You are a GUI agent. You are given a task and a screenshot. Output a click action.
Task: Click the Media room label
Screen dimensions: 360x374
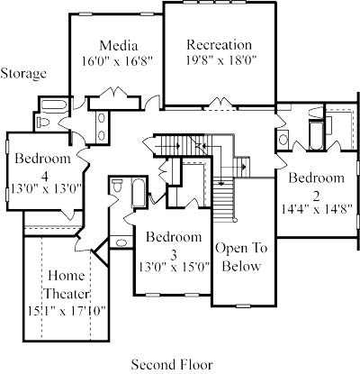pyautogui.click(x=119, y=46)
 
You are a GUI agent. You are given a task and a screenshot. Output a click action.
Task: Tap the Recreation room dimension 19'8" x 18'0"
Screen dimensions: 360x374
pyautogui.click(x=221, y=61)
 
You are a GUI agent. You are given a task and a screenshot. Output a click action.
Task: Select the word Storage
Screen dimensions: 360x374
pyautogui.click(x=23, y=74)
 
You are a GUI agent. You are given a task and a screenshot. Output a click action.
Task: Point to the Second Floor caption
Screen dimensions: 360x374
pyautogui.click(x=172, y=365)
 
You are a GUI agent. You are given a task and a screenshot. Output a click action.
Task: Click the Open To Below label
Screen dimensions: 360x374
pyautogui.click(x=241, y=258)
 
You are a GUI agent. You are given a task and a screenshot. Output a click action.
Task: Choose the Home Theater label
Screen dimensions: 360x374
pyautogui.click(x=67, y=285)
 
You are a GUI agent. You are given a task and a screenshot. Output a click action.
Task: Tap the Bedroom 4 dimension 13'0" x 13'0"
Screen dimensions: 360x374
pyautogui.click(x=47, y=190)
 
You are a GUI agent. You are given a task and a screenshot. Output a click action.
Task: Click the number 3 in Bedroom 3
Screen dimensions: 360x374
pyautogui.click(x=174, y=256)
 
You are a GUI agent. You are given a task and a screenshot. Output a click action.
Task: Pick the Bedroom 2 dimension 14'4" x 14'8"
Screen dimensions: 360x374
pyautogui.click(x=316, y=209)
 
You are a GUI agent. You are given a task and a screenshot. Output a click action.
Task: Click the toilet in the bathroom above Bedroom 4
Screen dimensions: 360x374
pyautogui.click(x=43, y=123)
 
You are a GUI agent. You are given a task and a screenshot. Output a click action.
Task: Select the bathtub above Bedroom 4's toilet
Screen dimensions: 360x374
pyautogui.click(x=54, y=105)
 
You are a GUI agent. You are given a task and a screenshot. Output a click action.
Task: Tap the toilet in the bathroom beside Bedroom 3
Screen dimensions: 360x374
pyautogui.click(x=117, y=185)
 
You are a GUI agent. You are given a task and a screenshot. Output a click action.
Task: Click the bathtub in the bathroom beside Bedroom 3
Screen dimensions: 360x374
pyautogui.click(x=139, y=193)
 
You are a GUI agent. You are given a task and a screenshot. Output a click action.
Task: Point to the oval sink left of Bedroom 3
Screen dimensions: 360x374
pyautogui.click(x=121, y=242)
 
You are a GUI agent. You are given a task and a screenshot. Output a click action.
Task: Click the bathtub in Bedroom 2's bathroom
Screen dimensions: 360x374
pyautogui.click(x=316, y=135)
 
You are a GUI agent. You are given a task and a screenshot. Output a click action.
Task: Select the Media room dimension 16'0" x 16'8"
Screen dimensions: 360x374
pyautogui.click(x=118, y=61)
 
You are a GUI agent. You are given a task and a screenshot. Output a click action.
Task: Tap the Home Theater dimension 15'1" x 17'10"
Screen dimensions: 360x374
pyautogui.click(x=67, y=311)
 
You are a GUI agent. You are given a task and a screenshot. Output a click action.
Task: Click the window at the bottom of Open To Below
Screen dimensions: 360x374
pyautogui.click(x=243, y=306)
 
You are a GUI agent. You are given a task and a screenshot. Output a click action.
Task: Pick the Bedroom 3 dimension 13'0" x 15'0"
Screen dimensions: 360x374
pyautogui.click(x=174, y=268)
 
